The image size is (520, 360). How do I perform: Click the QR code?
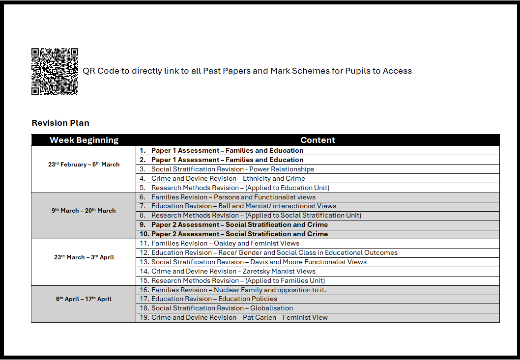[55, 71]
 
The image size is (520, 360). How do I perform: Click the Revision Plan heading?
[60, 123]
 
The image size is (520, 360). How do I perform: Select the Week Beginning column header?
[84, 140]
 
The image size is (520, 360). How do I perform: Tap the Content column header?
[318, 140]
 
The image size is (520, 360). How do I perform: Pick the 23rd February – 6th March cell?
[84, 165]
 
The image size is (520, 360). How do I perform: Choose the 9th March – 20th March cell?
[84, 211]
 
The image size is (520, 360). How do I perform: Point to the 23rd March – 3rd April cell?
[84, 257]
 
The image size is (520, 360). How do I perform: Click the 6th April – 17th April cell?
[84, 299]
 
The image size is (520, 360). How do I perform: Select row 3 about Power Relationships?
[232, 169]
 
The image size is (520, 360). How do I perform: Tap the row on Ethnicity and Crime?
[228, 178]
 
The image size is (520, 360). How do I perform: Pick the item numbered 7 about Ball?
[244, 206]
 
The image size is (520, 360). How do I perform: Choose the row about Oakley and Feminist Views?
[225, 243]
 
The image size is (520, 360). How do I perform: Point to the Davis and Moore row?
[259, 262]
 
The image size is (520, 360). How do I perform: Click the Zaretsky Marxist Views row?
[233, 271]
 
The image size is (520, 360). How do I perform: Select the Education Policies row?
[214, 299]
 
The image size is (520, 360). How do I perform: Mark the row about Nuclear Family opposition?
[239, 290]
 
